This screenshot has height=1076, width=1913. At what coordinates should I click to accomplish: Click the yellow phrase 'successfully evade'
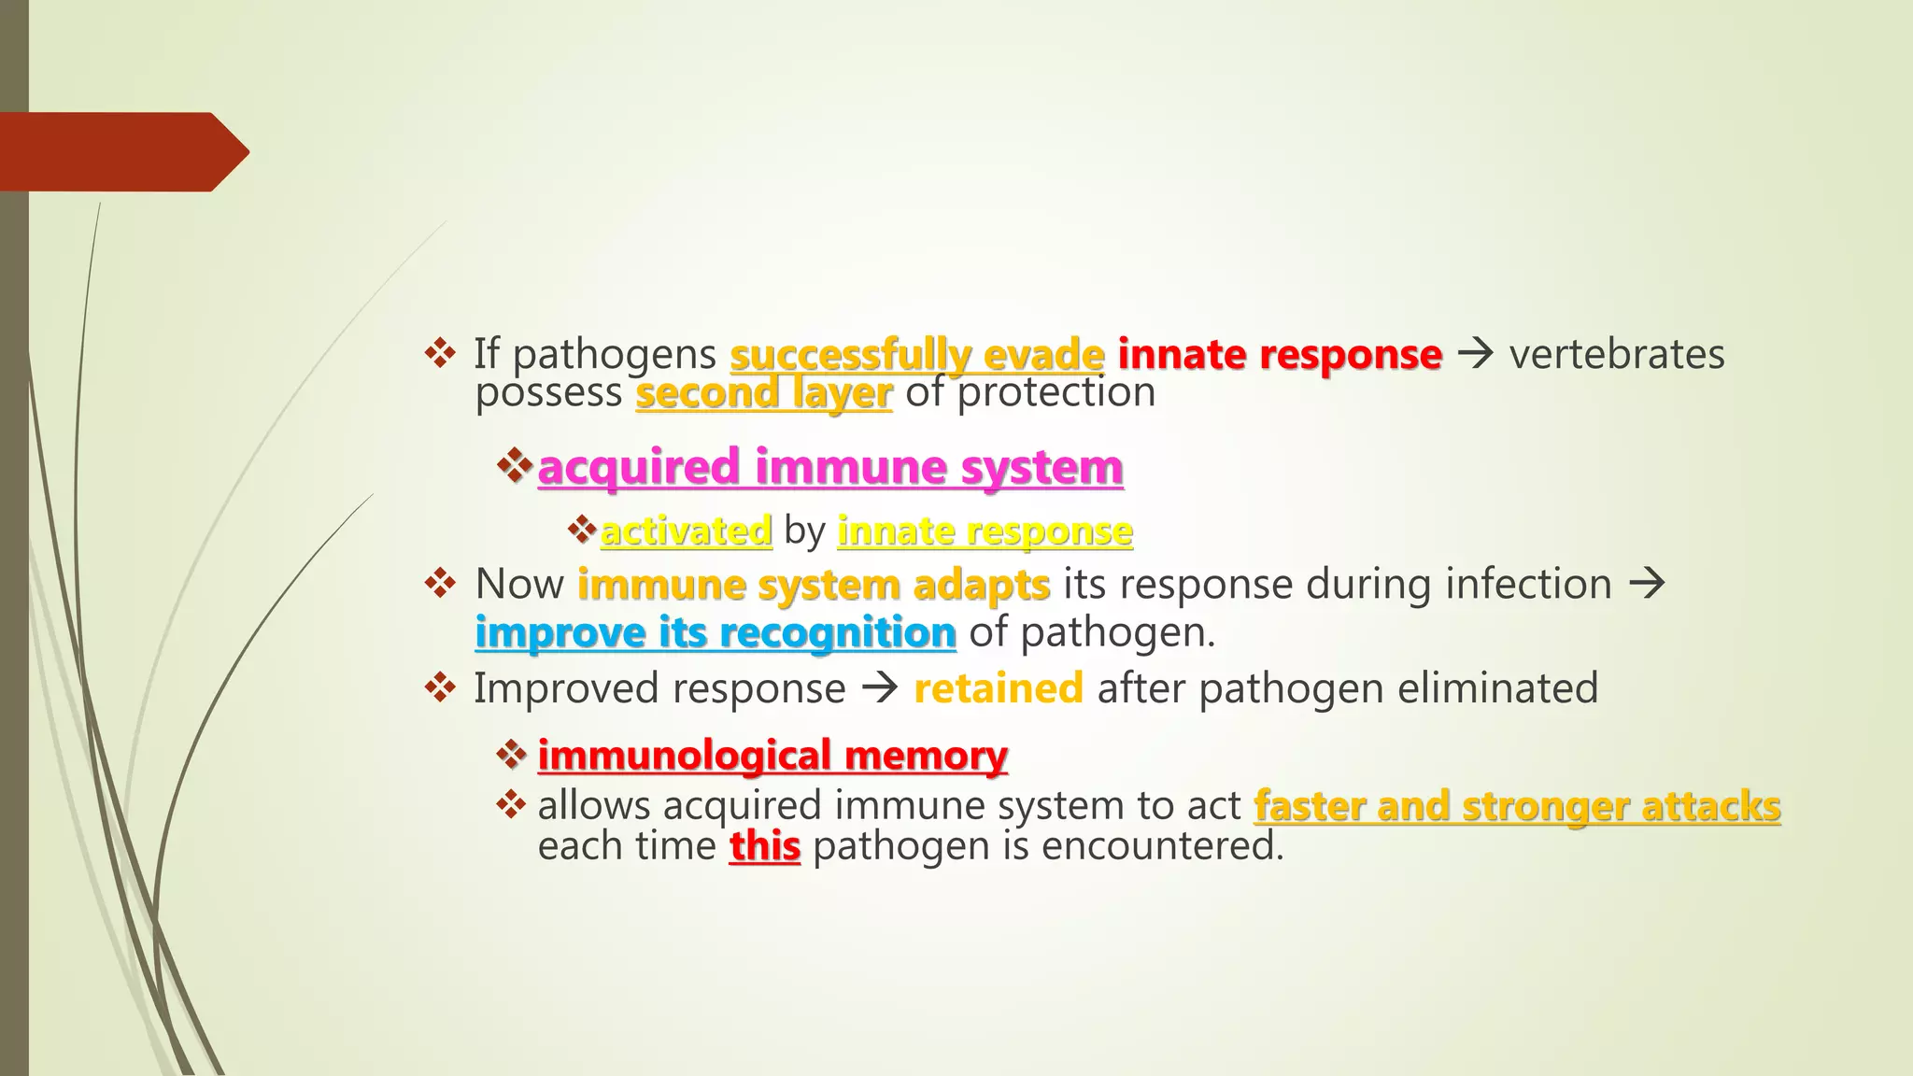916,355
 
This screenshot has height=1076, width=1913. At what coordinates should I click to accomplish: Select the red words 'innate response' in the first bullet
1280,355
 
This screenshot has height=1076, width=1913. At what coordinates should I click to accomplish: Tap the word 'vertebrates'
1617,355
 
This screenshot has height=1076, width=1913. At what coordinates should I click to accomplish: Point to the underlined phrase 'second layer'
763,393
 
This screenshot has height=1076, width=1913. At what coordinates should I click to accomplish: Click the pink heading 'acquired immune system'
830,467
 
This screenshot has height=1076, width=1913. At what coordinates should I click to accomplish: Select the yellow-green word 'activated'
686,531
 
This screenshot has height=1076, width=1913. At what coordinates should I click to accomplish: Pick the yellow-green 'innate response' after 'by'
985,531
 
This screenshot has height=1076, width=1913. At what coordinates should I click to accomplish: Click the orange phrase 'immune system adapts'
814,586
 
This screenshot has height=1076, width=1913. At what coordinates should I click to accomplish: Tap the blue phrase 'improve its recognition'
716,633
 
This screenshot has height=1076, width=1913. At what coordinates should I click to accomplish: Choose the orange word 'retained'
999,689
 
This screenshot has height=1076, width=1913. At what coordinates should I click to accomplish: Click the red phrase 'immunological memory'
772,756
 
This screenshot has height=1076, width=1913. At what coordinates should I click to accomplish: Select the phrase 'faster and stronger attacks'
1517,806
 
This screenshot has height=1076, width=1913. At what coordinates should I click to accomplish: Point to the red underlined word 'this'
764,847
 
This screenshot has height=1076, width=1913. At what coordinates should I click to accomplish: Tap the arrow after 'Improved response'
879,689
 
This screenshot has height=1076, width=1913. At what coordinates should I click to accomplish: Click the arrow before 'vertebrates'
1476,355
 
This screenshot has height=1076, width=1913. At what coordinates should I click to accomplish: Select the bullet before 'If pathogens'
439,353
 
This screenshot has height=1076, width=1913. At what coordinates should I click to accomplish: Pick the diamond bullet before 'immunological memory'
511,753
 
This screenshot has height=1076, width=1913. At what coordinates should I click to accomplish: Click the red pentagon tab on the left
121,151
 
